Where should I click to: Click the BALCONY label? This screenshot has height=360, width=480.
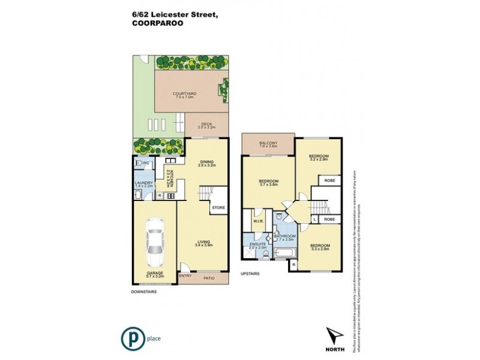[267, 142]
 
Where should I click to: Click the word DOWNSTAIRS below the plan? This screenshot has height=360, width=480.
[143, 291]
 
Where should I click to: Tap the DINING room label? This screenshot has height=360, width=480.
[207, 162]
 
